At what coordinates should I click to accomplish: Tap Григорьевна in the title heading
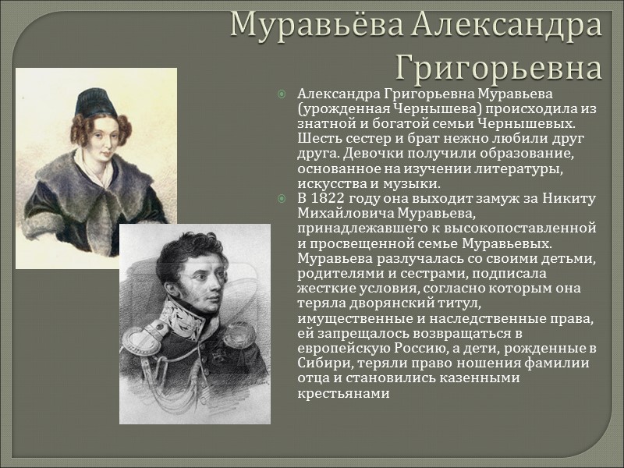click(x=499, y=68)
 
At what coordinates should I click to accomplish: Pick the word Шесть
click(x=317, y=139)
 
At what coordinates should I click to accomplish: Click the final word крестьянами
click(x=343, y=393)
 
